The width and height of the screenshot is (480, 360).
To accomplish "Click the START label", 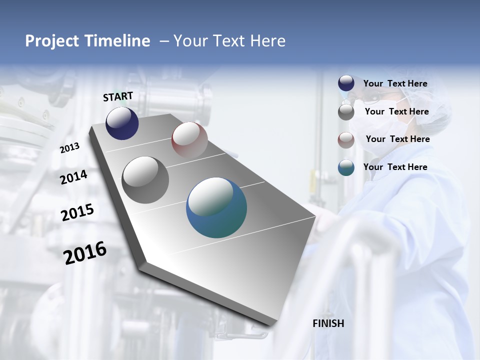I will (x=118, y=96).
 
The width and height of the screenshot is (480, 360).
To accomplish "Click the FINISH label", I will (x=328, y=323).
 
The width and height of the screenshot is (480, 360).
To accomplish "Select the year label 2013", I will (x=69, y=148).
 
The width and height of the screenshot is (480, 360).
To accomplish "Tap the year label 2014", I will (x=73, y=177).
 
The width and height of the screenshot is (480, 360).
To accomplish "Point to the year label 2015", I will (x=77, y=212).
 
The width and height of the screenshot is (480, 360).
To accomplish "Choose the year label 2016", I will (x=85, y=252).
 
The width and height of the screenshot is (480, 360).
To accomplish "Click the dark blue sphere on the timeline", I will (x=122, y=123).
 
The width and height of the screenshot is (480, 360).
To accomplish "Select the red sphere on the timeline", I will (x=189, y=139).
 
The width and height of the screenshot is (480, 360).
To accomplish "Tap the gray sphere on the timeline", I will (x=145, y=179).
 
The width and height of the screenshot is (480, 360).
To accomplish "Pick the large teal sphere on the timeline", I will (x=216, y=207).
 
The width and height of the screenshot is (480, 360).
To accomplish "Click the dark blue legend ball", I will (x=346, y=83).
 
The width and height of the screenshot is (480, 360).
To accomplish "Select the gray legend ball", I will (x=346, y=112).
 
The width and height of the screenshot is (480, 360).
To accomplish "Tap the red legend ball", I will (x=346, y=140).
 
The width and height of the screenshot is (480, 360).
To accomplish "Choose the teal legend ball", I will (x=346, y=167).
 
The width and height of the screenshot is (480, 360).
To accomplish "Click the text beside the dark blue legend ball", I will (x=395, y=83).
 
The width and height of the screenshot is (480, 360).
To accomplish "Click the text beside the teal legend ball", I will (x=395, y=167).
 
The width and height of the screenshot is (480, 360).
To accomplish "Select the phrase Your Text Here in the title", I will (x=229, y=41).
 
